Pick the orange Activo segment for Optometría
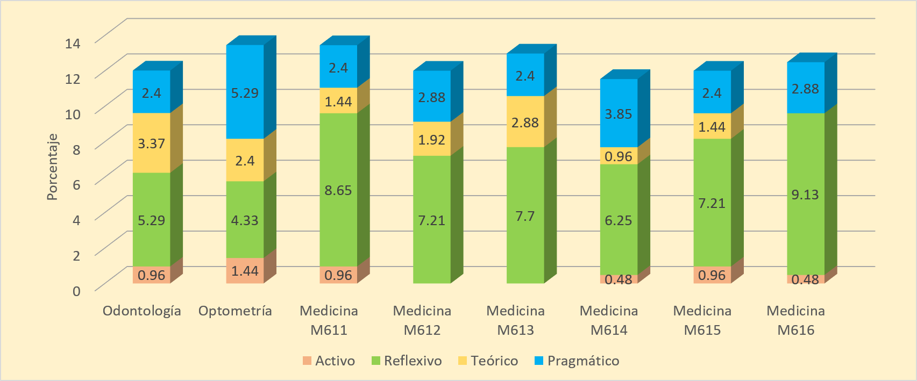pyautogui.click(x=245, y=270)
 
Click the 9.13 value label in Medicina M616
pyautogui.click(x=805, y=195)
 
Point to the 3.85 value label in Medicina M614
pyautogui.click(x=618, y=114)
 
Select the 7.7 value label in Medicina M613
pyautogui.click(x=525, y=216)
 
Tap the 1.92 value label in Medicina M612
pyautogui.click(x=431, y=140)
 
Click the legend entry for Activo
pyautogui.click(x=329, y=361)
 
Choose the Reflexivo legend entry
pyautogui.click(x=407, y=361)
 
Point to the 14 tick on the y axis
pyautogui.click(x=73, y=43)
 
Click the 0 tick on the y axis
pyautogui.click(x=76, y=291)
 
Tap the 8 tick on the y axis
pyautogui.click(x=76, y=149)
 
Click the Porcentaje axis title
pyautogui.click(x=52, y=167)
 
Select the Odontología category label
pyautogui.click(x=142, y=311)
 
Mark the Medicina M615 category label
pyautogui.click(x=702, y=320)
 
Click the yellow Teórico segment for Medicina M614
pyautogui.click(x=618, y=156)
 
